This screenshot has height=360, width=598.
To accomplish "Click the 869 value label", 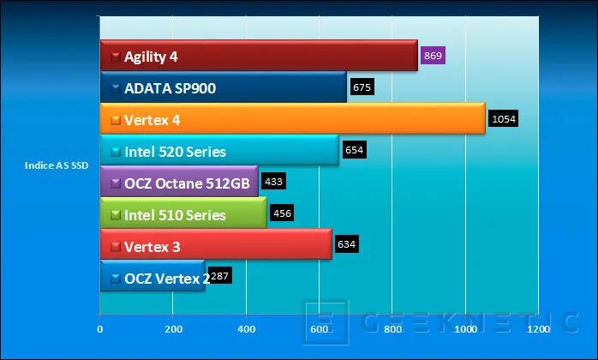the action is coord(433,56).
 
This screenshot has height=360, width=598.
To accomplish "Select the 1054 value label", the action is coord(504,119).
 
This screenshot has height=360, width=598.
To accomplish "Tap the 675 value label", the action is coord(362,87).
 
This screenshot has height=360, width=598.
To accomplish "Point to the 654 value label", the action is coord(355,150).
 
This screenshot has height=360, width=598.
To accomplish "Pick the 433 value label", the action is coord(273,182).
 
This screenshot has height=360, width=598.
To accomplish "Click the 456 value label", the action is coord(282,213).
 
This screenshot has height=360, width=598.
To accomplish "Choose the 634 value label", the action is coord(346,244).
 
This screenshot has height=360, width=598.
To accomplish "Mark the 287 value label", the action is coord(220,276).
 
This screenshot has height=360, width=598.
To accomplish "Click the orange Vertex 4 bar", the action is coord(292,118).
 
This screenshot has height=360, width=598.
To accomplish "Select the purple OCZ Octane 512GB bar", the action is coord(179,182).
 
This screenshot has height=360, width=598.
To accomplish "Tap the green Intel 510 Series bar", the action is coord(183,213).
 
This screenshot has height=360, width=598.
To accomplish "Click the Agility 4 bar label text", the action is coord(151,57).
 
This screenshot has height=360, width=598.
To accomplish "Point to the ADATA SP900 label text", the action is coord(170,88).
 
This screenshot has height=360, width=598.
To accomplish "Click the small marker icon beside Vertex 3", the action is coord(116,247).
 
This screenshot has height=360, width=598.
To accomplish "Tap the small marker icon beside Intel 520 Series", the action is coord(116,152).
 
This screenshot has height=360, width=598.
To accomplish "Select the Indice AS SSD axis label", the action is coord(57,165).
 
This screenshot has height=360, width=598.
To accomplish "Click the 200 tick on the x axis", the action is coord(174,328).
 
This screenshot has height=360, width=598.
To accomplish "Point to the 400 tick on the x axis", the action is coord(247,328).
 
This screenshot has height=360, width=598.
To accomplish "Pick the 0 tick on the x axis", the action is coord(100,328).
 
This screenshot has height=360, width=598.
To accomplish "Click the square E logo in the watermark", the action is coord(326,322).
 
